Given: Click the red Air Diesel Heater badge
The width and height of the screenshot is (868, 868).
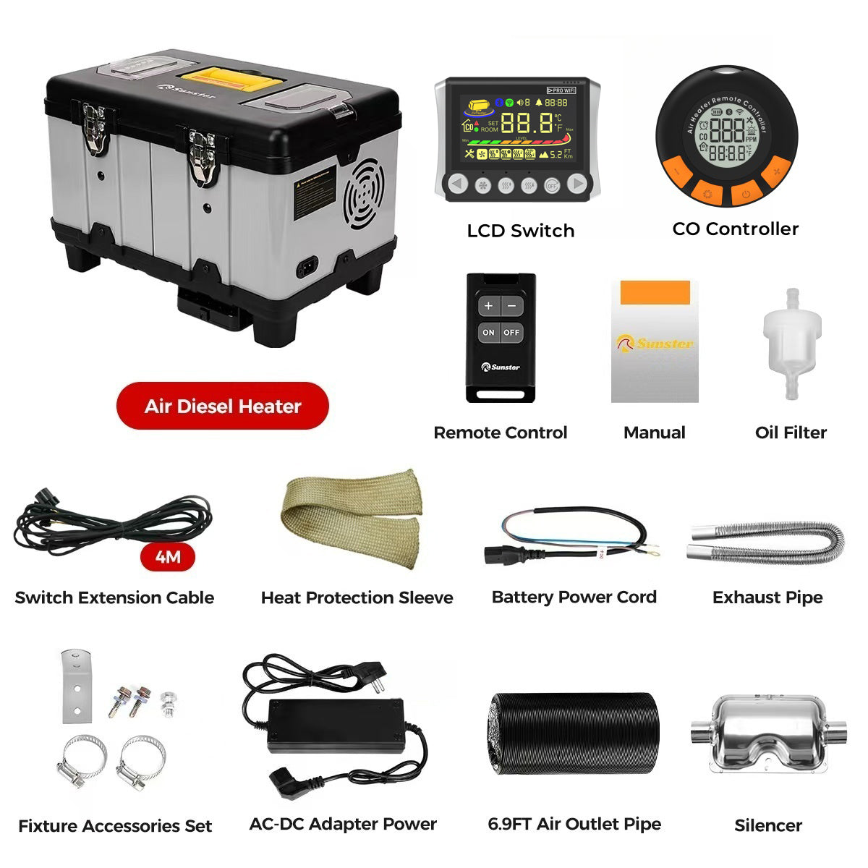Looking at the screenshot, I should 222,406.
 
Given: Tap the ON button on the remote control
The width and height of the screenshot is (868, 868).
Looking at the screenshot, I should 488,333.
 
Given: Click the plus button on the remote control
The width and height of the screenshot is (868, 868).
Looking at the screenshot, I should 488,306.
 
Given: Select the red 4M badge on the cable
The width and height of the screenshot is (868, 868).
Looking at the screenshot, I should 168,557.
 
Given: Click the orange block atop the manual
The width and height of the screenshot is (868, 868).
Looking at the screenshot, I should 655,292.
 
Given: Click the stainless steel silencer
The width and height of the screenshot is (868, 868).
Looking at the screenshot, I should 768,733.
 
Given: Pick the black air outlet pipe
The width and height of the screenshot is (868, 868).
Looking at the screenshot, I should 574,733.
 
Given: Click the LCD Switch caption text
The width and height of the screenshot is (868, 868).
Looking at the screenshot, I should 520,231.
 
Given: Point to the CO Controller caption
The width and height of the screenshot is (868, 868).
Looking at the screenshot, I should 735,229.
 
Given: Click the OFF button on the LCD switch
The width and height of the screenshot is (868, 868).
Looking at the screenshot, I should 551,184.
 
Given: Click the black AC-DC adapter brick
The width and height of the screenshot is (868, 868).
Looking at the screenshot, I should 336,725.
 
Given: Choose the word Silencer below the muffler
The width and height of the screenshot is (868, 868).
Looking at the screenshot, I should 768,825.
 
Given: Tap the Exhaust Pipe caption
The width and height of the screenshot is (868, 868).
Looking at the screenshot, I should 767,597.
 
